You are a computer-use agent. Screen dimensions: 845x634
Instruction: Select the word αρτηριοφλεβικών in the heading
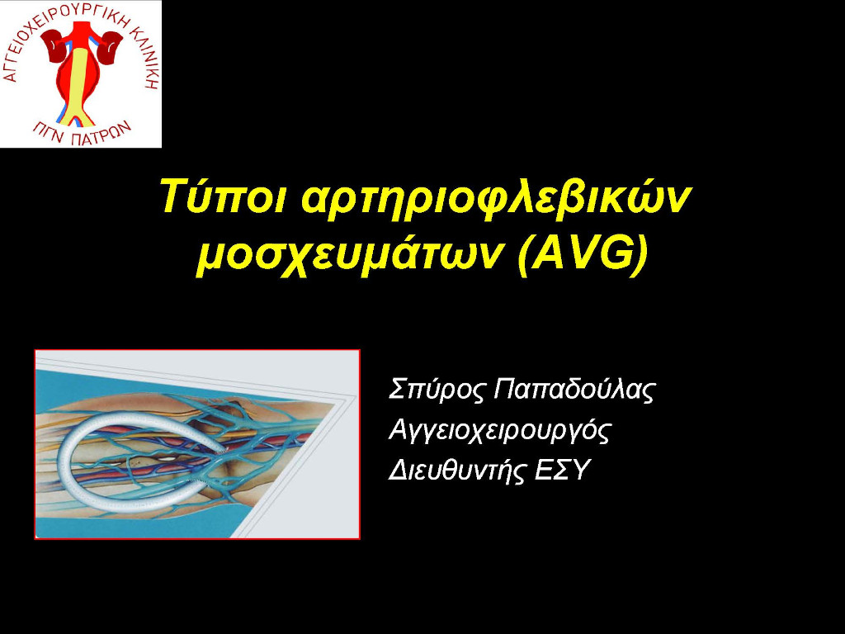(x=495, y=198)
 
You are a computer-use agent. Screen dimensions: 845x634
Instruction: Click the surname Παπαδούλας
(x=574, y=390)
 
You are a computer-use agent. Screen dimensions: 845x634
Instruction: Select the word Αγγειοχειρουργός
(x=499, y=431)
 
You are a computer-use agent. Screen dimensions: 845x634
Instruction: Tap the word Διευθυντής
(x=456, y=471)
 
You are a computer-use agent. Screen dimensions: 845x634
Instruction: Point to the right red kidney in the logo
(x=111, y=47)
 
